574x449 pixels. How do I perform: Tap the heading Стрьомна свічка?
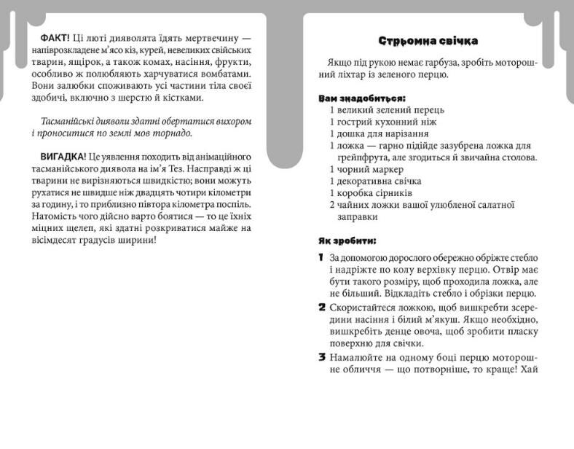428,41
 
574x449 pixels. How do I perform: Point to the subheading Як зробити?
347,240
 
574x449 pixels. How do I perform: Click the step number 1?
321,258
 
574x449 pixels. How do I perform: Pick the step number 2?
321,307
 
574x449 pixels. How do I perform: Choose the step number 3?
321,357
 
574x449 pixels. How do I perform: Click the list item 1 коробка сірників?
371,193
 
